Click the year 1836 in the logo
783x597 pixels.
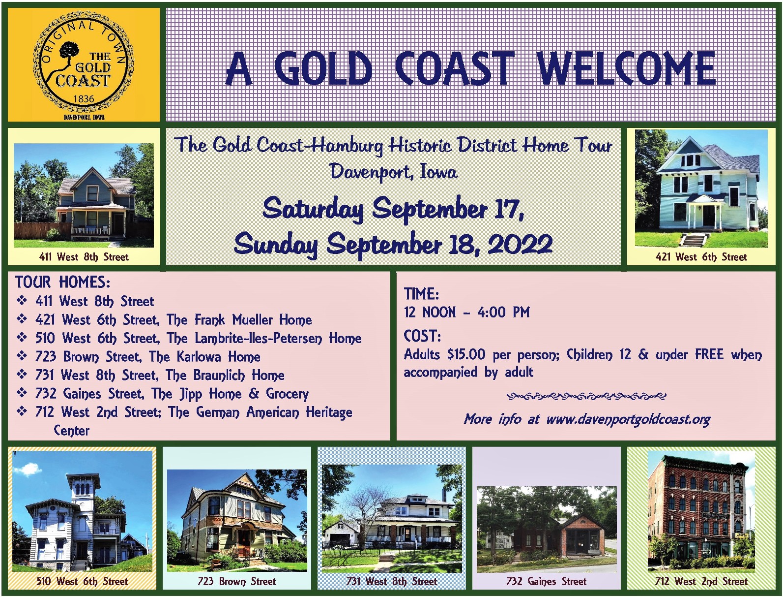(x=84, y=98)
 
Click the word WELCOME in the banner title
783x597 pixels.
(x=627, y=68)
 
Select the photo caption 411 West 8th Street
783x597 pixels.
(x=84, y=257)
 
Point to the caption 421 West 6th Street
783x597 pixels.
(x=701, y=257)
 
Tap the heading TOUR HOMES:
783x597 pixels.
(x=63, y=282)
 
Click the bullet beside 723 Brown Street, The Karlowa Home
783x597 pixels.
(x=22, y=356)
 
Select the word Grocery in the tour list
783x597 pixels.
(x=287, y=394)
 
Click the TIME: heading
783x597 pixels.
(x=421, y=293)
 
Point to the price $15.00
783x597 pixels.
(x=466, y=354)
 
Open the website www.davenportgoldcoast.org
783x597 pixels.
(x=628, y=419)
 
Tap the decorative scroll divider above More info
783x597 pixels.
(x=586, y=396)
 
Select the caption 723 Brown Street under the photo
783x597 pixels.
(x=237, y=581)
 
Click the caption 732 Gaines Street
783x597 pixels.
(x=546, y=581)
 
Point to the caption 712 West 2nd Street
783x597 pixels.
(x=701, y=581)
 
